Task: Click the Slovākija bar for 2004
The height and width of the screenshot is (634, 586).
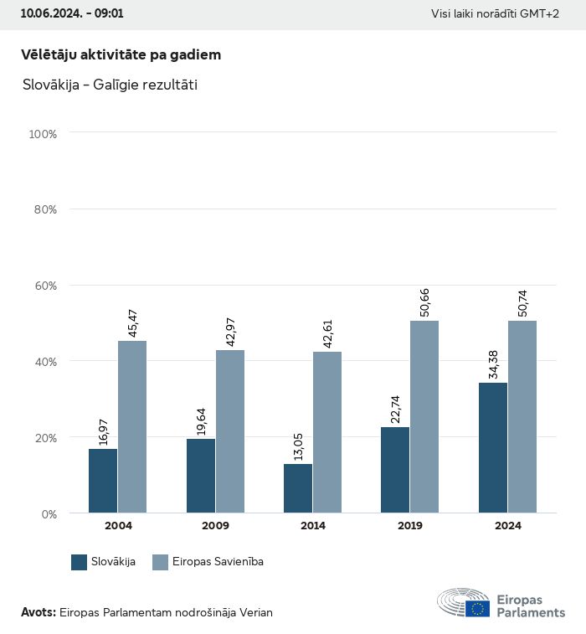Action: pos(103,481)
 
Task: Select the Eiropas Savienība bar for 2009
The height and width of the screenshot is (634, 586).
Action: pos(230,431)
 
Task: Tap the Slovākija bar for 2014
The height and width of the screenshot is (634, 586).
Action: pos(298,488)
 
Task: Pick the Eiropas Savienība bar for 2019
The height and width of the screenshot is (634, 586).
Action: pos(424,416)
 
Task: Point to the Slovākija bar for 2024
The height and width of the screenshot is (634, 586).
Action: pos(493,447)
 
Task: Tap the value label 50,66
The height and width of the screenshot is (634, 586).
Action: pos(424,302)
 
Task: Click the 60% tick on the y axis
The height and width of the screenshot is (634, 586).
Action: pos(44,286)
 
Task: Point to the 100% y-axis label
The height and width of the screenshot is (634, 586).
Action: pos(42,134)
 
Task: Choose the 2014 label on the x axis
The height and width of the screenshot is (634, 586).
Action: pos(313,526)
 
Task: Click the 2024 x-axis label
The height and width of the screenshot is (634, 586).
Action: pos(508,526)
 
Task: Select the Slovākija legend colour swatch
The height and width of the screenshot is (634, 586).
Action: pos(80,562)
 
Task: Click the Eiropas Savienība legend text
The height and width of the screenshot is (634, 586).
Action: pos(218,562)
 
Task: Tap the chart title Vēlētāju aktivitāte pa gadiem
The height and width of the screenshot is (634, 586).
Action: pos(121,54)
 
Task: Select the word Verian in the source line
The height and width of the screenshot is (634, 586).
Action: pos(254,612)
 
